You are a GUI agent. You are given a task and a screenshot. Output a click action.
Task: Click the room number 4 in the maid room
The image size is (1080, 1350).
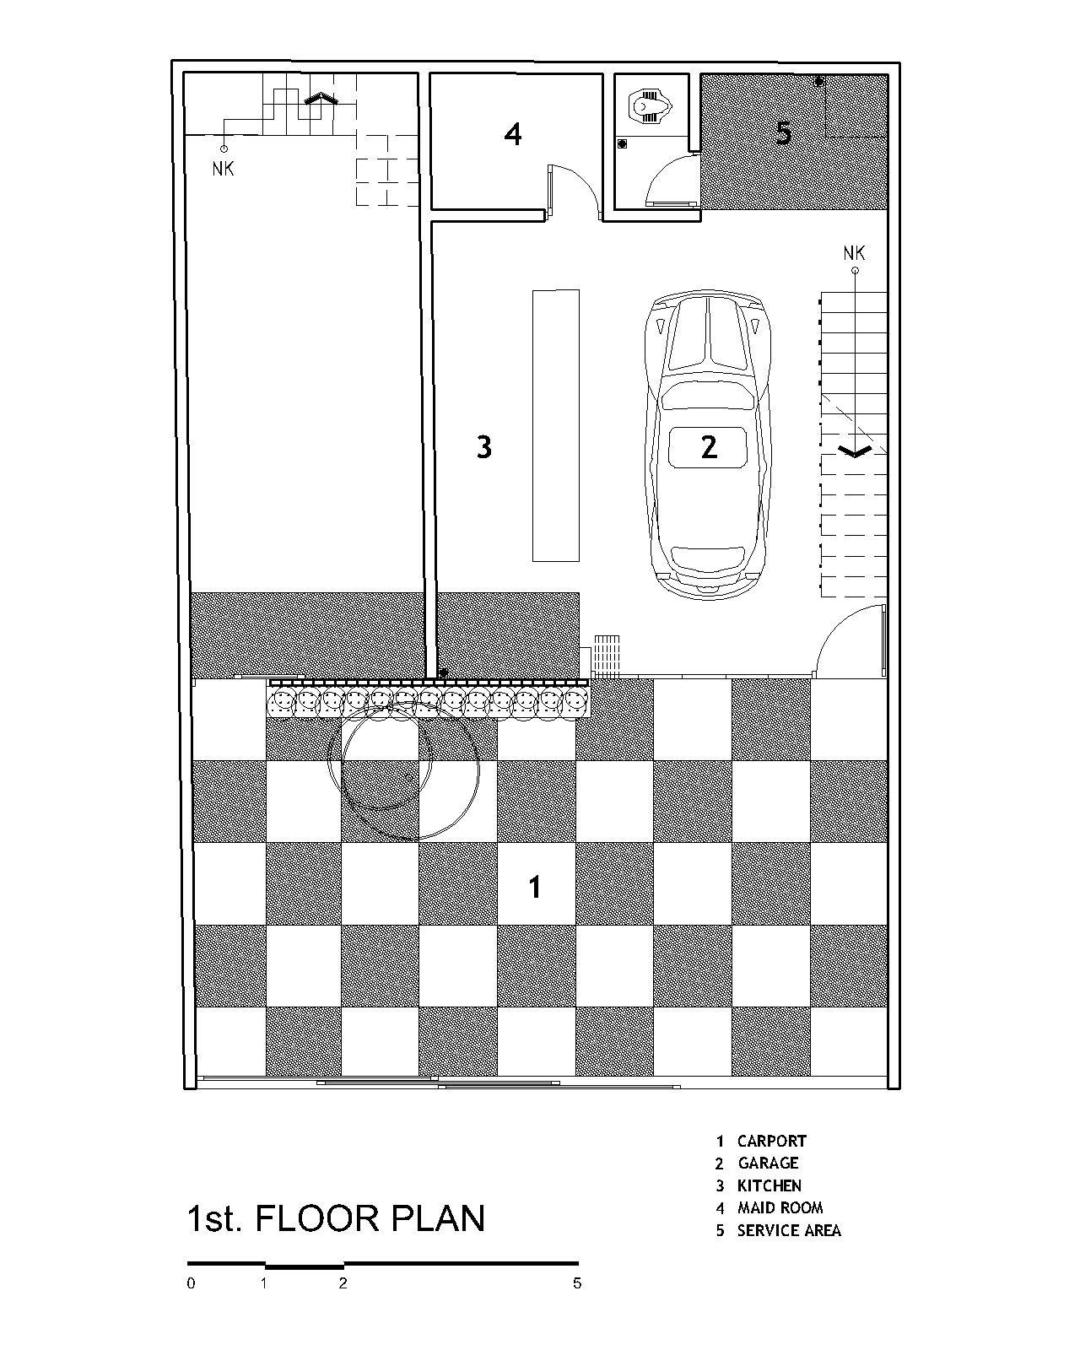pos(513,133)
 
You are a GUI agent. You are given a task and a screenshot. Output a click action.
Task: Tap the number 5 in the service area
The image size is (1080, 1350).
pos(784,132)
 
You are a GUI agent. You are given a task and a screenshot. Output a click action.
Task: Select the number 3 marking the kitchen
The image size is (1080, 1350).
pos(483,446)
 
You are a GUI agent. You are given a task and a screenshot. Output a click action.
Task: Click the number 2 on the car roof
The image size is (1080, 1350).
pos(709,446)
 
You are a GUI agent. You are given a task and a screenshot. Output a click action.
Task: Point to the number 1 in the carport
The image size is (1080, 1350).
pos(534,887)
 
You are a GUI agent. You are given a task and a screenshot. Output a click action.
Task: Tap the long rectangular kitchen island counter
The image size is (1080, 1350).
pos(555,425)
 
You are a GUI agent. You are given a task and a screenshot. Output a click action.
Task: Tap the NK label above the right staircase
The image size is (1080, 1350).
pos(854,252)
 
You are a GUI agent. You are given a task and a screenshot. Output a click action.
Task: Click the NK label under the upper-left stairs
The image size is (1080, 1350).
pos(223,169)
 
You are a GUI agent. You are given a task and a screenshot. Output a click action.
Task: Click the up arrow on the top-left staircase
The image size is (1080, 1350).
pos(320,99)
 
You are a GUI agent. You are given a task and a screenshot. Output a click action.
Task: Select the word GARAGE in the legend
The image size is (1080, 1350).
pos(767,1164)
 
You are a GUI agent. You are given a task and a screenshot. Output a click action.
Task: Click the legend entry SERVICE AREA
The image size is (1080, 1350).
pos(788,1230)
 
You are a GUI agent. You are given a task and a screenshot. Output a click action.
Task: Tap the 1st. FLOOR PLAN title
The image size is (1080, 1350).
pos(336,1218)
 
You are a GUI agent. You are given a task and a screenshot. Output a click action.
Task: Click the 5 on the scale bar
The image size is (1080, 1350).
pos(577,1284)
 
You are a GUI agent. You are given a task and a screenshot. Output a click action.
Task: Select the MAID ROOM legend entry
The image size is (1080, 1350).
pos(780,1207)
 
